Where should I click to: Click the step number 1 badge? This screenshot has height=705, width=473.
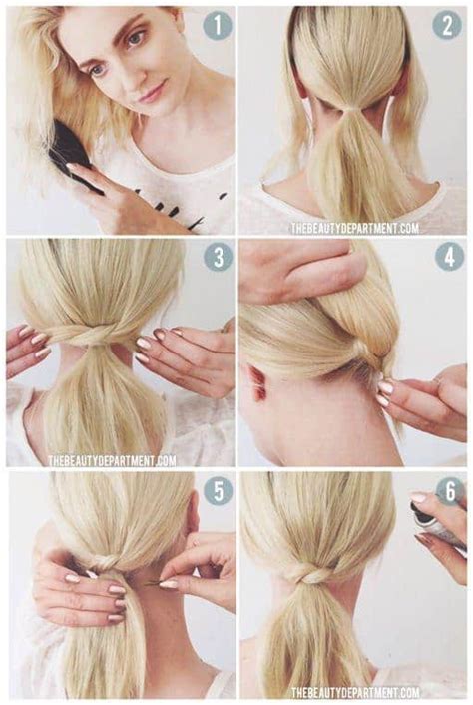click(216, 25)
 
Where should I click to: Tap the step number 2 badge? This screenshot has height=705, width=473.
click(447, 25)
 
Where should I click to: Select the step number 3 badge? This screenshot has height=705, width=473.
click(217, 257)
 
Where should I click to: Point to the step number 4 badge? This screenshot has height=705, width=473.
click(449, 257)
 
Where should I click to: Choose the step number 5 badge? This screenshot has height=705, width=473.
click(217, 489)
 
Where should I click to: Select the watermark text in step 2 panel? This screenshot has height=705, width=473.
click(354, 228)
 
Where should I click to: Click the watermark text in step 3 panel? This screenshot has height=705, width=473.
click(112, 461)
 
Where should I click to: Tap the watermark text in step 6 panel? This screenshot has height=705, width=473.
click(354, 692)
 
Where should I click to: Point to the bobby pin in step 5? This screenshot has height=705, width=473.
click(150, 583)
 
